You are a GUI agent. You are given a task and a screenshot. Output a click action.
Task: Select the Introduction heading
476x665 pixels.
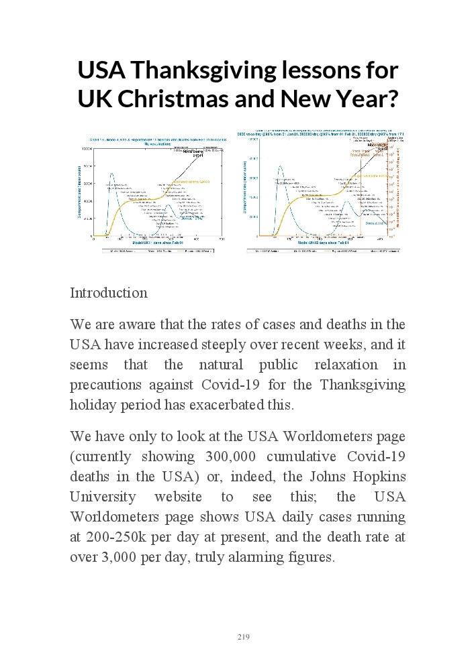click(x=109, y=293)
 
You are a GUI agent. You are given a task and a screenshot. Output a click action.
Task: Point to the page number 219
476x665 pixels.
click(x=244, y=637)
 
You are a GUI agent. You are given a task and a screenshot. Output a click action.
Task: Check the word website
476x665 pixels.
click(x=199, y=497)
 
